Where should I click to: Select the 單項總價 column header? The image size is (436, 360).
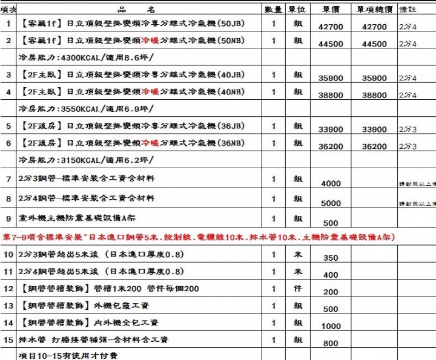click(374, 10)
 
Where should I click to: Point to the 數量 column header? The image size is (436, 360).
click(274, 10)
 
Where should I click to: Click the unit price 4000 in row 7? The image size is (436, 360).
click(331, 183)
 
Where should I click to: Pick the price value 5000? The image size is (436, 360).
click(331, 203)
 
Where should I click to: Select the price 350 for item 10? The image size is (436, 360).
click(331, 258)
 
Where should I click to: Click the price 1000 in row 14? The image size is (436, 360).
click(331, 326)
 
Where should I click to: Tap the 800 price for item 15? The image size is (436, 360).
click(331, 344)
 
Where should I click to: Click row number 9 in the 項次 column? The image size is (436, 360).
click(8, 218)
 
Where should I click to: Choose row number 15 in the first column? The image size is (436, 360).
click(8, 340)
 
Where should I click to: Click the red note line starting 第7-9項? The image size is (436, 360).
click(199, 238)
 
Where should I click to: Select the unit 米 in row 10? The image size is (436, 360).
click(298, 255)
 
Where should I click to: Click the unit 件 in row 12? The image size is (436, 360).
click(298, 289)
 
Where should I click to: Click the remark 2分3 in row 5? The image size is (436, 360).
click(408, 129)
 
